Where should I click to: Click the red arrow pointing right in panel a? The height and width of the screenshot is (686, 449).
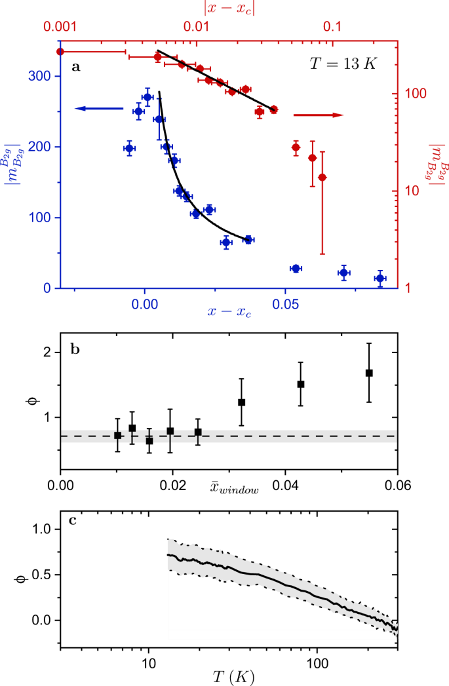[318, 115]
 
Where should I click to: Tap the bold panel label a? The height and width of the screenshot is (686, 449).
[76, 67]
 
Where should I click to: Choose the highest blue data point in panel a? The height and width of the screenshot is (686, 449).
[147, 97]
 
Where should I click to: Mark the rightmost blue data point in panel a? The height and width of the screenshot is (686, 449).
[380, 278]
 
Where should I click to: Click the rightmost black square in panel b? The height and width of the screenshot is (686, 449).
[369, 373]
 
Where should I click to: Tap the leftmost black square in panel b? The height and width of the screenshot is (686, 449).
[117, 436]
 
